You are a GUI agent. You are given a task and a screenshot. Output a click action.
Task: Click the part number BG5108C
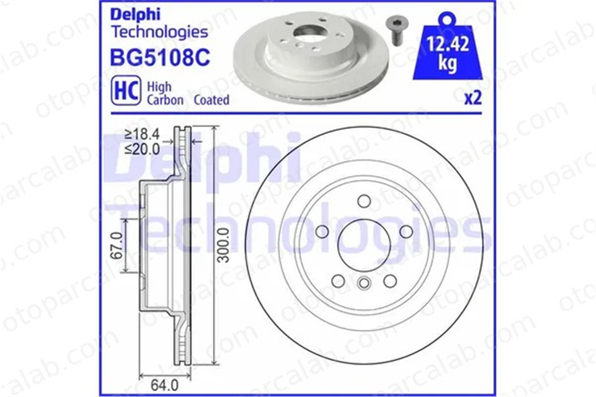point(160,57)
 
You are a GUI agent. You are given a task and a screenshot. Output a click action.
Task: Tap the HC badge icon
point(126,90)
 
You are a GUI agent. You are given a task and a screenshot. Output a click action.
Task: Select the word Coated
point(212,100)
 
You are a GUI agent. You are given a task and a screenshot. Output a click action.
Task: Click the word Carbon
point(165,100)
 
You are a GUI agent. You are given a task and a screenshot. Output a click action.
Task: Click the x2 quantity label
point(473,98)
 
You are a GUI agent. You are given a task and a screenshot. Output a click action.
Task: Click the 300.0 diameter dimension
point(223,245)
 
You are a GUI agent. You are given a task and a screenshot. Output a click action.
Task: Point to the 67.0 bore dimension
point(116,245)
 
